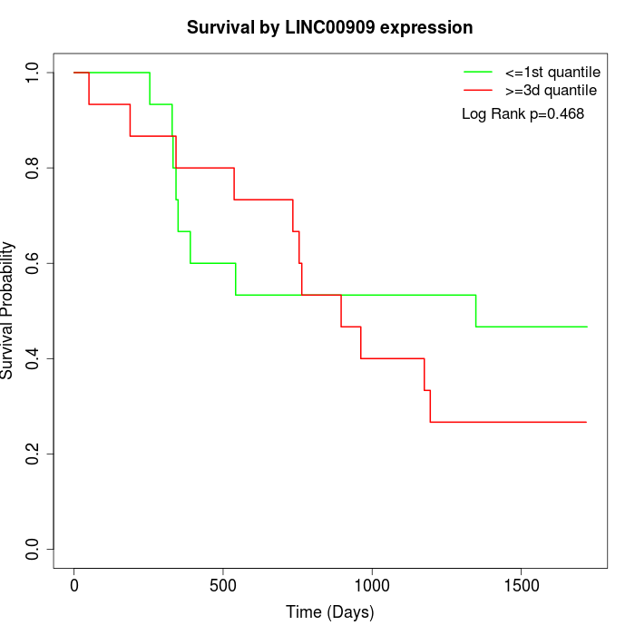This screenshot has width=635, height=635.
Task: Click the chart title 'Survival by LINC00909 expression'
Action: [x=329, y=28]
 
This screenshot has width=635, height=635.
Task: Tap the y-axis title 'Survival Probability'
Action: [x=8, y=310]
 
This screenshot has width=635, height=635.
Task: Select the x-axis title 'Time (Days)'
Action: [x=329, y=612]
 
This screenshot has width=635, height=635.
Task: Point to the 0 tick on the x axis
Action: [x=74, y=585]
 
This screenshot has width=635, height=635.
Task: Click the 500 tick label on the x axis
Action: [x=223, y=585]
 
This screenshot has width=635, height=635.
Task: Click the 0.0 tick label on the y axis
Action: [x=34, y=549]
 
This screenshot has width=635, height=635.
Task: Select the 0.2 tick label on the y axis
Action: [x=34, y=454]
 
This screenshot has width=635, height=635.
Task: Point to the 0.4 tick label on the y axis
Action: [x=34, y=358]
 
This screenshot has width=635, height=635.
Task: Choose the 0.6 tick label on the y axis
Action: [x=34, y=263]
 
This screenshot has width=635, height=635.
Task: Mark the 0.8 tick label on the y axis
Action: [x=34, y=168]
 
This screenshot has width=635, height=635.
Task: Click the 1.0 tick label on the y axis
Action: [x=34, y=73]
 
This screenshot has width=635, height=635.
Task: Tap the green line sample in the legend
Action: [x=478, y=72]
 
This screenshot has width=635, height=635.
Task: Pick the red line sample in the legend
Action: [x=478, y=91]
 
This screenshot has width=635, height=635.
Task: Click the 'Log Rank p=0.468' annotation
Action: [x=523, y=114]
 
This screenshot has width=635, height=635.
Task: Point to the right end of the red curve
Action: [x=586, y=422]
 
